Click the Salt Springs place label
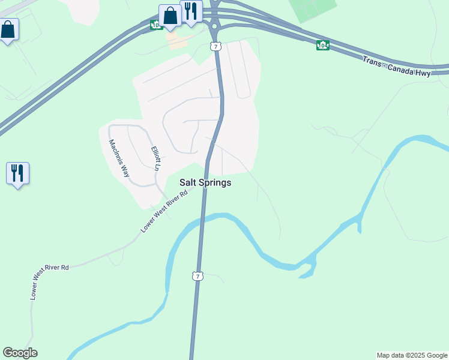205,182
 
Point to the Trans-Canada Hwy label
396,66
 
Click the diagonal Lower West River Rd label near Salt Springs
164,211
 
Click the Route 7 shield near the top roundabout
215,46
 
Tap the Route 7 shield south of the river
197,276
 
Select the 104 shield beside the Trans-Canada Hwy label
323,45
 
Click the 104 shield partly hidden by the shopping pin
155,25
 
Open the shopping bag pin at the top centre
170,16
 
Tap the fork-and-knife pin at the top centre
191,11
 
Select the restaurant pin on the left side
17,173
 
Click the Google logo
20,353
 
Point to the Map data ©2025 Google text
412,355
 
